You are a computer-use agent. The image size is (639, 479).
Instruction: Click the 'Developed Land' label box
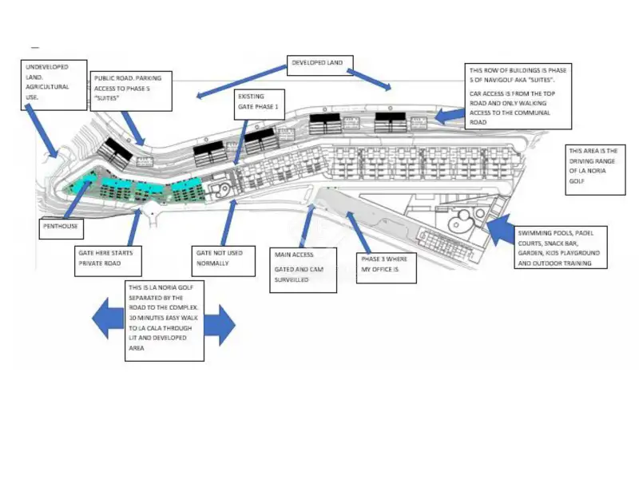(x=318, y=65)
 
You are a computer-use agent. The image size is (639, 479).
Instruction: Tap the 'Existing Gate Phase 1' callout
(x=259, y=101)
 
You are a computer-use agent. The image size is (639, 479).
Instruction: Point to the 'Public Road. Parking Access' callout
(x=129, y=89)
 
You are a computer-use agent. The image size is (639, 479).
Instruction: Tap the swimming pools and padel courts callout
(x=562, y=247)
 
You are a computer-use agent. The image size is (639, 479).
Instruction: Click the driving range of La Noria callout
(x=594, y=169)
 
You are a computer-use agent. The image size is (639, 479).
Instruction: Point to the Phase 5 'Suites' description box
(x=519, y=96)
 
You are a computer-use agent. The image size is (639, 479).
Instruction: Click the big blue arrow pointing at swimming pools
(x=499, y=231)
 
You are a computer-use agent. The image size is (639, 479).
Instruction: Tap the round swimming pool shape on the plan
(x=459, y=221)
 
